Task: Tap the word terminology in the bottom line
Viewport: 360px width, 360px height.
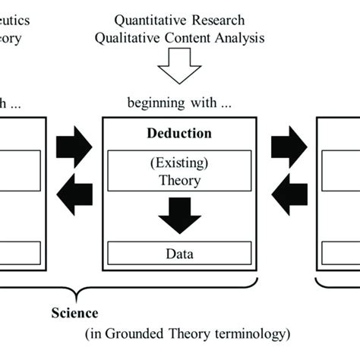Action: point(254,333)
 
